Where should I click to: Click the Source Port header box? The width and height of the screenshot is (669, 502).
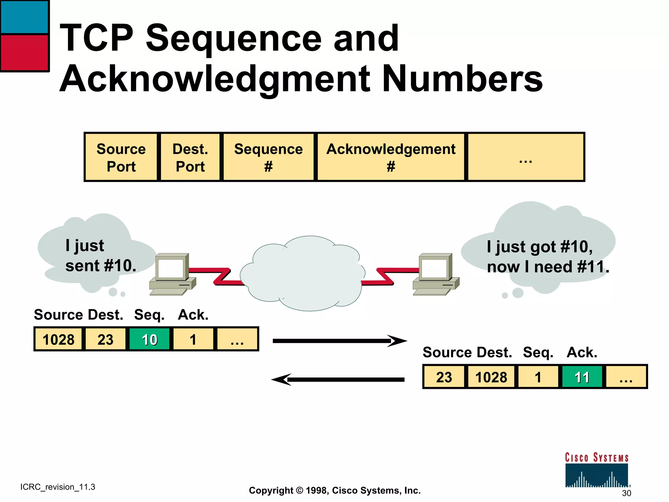tap(121, 157)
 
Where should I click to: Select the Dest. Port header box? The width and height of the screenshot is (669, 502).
tap(190, 157)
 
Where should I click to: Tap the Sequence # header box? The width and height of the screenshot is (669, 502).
tap(268, 157)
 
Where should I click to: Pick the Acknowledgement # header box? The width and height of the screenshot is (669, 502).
tap(391, 157)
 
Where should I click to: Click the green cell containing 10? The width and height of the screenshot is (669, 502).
tap(149, 339)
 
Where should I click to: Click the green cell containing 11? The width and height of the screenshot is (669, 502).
tap(582, 377)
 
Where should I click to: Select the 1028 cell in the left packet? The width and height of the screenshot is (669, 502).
tap(58, 339)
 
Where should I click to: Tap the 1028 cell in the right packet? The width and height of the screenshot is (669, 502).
tap(491, 377)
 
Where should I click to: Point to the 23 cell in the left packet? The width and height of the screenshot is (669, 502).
tap(105, 339)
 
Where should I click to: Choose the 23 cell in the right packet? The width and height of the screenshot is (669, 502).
tap(444, 377)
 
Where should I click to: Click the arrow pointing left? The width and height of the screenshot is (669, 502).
tap(338, 379)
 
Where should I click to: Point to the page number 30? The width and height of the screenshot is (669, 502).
tap(626, 493)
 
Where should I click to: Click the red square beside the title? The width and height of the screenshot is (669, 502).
tap(24, 52)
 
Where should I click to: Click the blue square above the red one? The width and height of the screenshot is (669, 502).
tap(24, 17)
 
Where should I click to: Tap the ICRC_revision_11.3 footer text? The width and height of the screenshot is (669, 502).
tap(58, 487)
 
